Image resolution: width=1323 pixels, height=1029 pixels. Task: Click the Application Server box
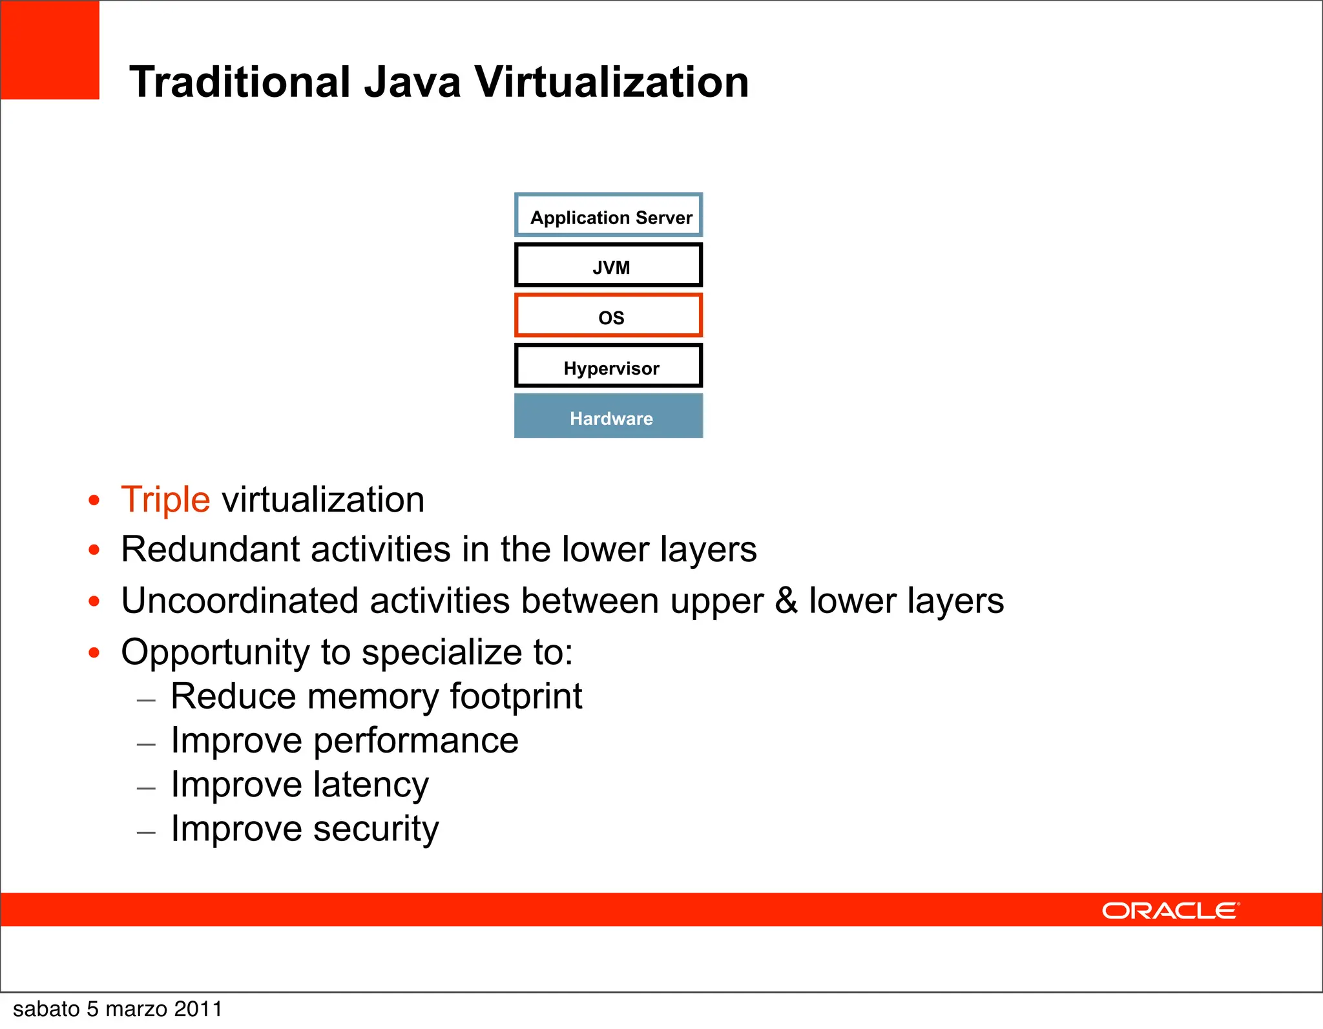(609, 216)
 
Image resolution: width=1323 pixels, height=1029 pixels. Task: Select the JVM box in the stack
(609, 265)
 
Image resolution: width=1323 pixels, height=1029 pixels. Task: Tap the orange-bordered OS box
(609, 316)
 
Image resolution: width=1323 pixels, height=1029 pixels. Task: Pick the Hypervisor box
(609, 366)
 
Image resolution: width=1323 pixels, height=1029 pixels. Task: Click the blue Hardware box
(609, 417)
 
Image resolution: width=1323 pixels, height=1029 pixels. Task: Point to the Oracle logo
(1171, 911)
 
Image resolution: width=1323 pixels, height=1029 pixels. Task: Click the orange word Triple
(165, 499)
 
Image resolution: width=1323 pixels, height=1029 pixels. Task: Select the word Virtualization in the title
(612, 82)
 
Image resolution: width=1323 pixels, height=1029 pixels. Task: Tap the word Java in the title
(412, 82)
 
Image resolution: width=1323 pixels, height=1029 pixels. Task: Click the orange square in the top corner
(50, 50)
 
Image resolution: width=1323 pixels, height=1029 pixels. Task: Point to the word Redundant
(211, 550)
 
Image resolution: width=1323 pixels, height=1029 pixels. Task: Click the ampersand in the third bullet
(786, 601)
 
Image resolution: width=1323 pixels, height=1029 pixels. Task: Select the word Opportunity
(215, 652)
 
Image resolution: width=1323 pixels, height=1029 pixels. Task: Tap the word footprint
(516, 696)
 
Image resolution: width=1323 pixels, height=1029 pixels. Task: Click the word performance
(415, 741)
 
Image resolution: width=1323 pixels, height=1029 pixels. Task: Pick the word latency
(371, 785)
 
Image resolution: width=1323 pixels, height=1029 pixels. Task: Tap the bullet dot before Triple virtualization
(94, 500)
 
